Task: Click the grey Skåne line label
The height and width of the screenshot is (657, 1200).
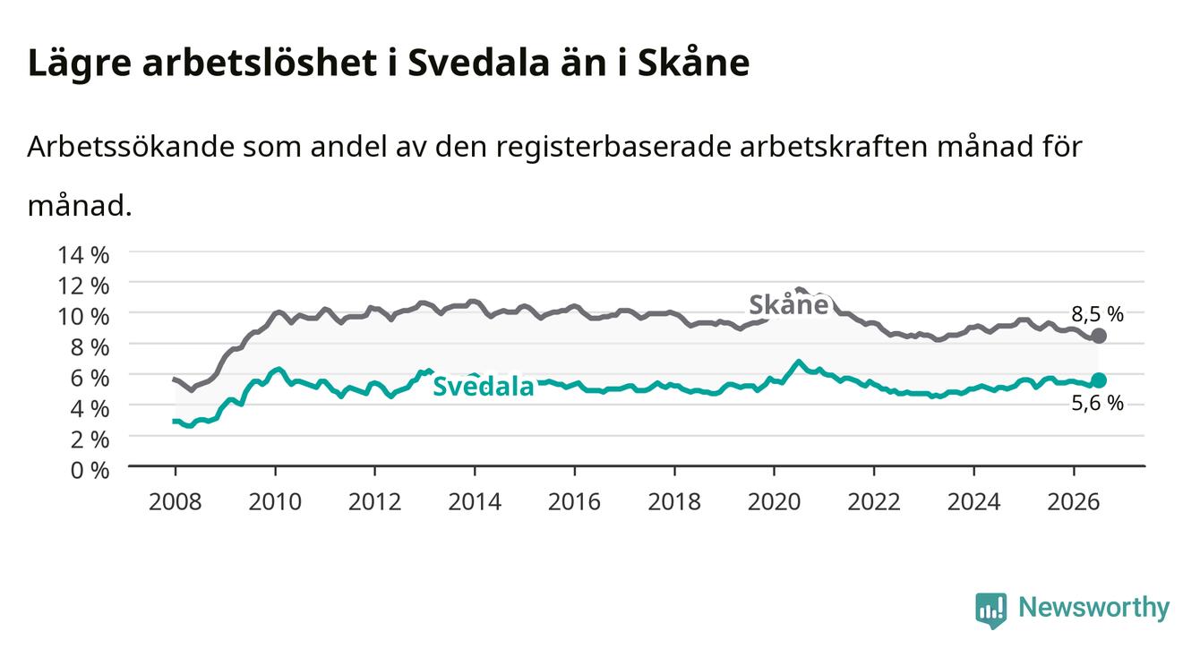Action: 789,304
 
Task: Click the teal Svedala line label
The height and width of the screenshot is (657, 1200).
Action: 484,386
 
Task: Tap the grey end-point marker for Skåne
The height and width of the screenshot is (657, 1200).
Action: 1099,336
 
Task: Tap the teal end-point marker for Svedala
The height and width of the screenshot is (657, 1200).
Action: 1099,380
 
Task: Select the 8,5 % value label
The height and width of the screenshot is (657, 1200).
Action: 1097,314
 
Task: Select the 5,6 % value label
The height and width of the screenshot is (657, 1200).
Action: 1097,403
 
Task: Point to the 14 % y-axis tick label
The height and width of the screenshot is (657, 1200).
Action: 83,255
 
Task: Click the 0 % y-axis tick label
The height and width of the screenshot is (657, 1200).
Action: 90,470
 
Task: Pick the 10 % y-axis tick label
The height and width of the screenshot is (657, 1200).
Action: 83,317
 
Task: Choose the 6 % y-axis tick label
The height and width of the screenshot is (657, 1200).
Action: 90,378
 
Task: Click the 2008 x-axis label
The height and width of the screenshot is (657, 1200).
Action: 176,502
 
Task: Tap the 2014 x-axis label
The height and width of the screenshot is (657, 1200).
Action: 475,502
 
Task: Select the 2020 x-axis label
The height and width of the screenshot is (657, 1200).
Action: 774,502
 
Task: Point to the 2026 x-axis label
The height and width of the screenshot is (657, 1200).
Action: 1074,502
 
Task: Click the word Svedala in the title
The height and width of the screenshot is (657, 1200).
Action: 478,63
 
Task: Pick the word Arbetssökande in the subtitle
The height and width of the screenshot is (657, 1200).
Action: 131,146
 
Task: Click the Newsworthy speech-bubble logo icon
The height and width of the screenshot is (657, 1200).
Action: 991,610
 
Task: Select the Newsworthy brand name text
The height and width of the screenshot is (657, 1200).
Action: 1094,608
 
